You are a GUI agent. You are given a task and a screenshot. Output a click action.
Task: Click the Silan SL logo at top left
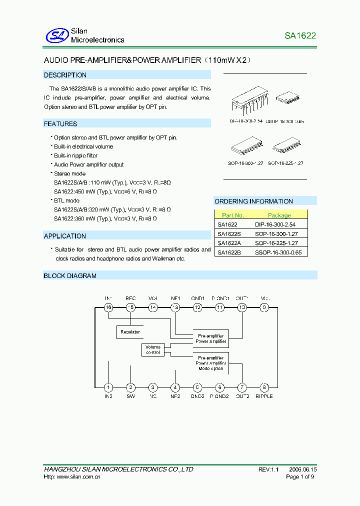(x=56, y=35)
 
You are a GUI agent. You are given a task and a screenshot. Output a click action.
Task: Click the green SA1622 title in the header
(x=300, y=35)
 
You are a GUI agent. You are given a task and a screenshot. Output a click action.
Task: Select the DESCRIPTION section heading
(x=65, y=75)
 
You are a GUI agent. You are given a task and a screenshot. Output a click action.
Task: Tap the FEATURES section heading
(x=60, y=123)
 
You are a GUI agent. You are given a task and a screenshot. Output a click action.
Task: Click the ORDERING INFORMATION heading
(x=253, y=201)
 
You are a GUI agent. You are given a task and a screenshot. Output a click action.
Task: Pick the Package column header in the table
(x=279, y=215)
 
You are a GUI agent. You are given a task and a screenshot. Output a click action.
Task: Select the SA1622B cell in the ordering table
(x=229, y=252)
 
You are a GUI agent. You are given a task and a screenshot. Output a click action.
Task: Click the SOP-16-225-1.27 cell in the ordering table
(x=276, y=243)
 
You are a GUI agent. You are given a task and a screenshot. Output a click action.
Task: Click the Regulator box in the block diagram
(x=130, y=331)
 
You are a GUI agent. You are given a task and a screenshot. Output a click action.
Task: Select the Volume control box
(x=153, y=349)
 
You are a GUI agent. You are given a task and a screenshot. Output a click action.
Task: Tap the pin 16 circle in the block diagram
(x=108, y=307)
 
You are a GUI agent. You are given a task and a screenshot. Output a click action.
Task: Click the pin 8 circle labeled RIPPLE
(x=264, y=387)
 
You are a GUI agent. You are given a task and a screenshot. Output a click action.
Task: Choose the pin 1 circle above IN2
(x=108, y=387)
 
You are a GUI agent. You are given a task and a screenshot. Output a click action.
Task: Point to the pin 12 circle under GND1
(x=197, y=307)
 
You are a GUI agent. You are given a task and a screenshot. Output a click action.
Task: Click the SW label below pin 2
(x=130, y=396)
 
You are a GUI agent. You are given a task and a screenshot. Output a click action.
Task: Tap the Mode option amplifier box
(x=211, y=363)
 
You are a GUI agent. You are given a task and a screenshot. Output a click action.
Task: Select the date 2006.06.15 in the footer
(x=303, y=469)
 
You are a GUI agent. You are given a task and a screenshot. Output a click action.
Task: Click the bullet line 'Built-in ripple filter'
(x=75, y=155)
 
